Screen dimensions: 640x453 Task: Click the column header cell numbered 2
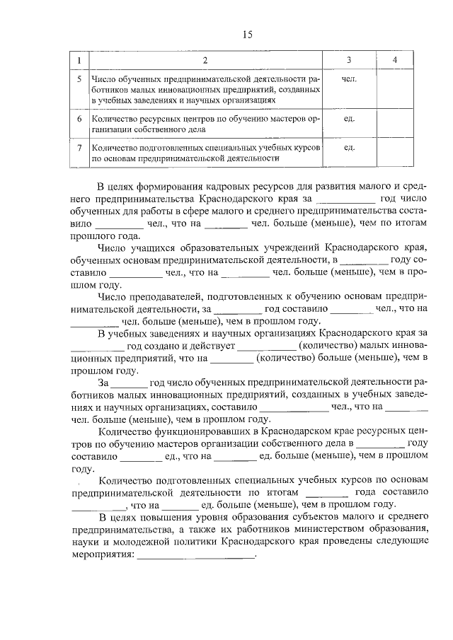[x=205, y=61]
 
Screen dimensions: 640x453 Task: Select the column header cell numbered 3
[x=348, y=61]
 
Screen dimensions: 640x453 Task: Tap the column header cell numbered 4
[x=394, y=61]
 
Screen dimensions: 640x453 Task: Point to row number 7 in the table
[x=80, y=148]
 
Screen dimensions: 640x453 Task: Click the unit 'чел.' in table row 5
[x=348, y=79]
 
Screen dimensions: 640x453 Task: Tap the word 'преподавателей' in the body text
[x=156, y=296]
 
